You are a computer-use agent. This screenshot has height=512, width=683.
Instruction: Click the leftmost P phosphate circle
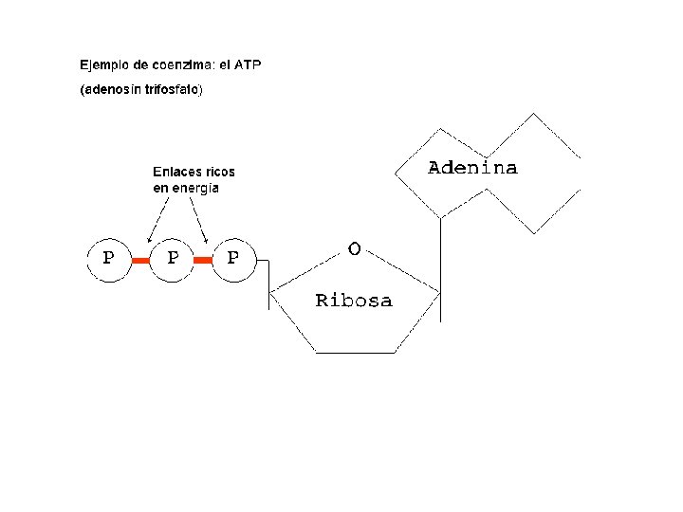point(109,257)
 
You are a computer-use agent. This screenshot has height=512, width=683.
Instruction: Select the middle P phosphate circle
point(172,257)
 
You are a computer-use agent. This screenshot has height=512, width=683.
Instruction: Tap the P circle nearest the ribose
point(232,257)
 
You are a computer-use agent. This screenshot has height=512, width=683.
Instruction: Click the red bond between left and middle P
point(140,258)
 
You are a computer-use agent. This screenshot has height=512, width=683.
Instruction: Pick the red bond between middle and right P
point(202,258)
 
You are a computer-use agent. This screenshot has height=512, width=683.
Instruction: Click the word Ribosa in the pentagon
point(353,301)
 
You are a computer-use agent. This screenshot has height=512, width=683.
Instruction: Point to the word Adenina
point(472,168)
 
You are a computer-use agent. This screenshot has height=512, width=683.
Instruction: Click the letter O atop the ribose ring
point(354,248)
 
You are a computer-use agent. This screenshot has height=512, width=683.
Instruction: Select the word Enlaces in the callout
point(176,172)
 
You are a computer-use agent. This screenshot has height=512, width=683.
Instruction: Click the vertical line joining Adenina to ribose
point(440,270)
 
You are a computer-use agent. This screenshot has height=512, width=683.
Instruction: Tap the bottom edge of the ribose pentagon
point(354,353)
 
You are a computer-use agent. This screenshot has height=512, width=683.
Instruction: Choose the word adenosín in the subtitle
point(111,91)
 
